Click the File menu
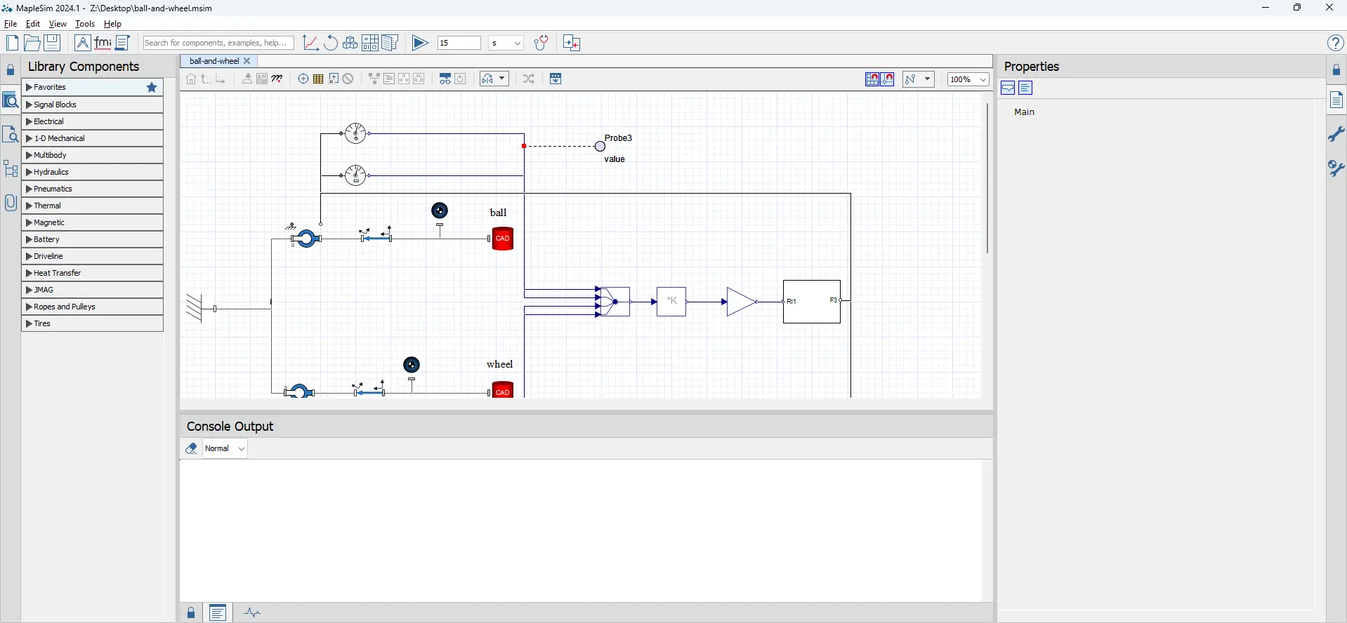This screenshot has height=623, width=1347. point(11,24)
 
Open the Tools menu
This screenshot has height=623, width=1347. point(85,24)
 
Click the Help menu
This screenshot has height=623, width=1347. point(112,24)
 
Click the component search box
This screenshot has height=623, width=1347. point(218,43)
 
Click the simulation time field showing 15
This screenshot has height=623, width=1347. point(459,43)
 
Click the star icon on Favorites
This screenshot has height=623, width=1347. point(152,88)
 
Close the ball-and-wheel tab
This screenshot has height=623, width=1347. point(247,61)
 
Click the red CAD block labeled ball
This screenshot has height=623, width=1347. point(503,239)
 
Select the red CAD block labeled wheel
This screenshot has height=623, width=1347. point(503,390)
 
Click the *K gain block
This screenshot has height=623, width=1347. point(671,302)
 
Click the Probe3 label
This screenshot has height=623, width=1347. point(618,138)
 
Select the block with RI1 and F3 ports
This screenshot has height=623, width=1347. point(812,302)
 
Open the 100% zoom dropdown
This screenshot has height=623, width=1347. point(968,79)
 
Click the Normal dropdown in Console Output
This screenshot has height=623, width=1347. point(225,449)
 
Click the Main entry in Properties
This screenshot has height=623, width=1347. point(1025,112)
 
